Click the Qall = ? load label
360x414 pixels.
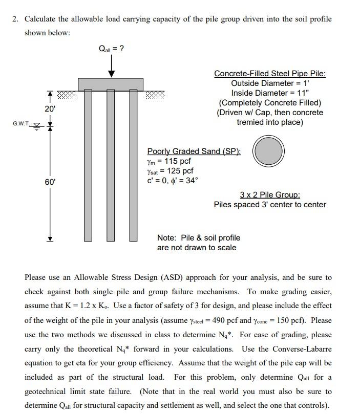(111, 49)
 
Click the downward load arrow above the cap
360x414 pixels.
(111, 67)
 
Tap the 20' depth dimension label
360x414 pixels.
(50, 108)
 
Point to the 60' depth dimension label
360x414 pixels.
(50, 182)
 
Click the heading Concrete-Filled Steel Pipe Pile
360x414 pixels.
(270, 73)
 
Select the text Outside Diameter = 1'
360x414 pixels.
(270, 83)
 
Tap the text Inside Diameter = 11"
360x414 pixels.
(270, 93)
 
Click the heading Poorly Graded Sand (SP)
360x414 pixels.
(194, 151)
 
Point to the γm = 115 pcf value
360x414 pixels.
(170, 161)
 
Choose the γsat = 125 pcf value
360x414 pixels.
(171, 171)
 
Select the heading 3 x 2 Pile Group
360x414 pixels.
(270, 194)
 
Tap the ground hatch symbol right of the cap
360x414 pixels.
(156, 94)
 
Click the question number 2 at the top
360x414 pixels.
(15, 19)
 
